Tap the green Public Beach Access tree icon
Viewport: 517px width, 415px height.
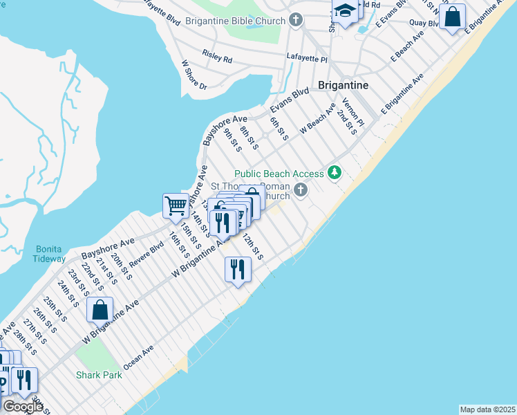(x=335, y=172)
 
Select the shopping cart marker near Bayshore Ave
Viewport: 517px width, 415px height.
(x=176, y=205)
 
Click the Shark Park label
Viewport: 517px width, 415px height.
(x=99, y=375)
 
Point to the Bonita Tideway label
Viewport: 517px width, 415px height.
(x=49, y=253)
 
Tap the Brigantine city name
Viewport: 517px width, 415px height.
(x=343, y=85)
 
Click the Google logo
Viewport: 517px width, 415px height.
(x=22, y=407)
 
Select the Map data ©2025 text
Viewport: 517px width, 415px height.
(x=487, y=409)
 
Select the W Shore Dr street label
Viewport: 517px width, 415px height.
(x=194, y=75)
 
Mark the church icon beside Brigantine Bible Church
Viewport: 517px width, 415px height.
(x=297, y=20)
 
